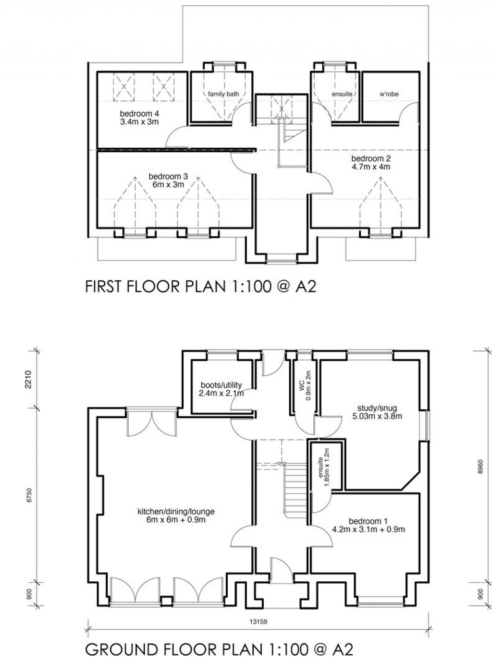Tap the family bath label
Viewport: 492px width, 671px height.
click(223, 94)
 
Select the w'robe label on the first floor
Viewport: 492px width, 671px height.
click(389, 94)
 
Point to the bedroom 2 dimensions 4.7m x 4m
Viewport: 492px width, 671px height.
click(370, 167)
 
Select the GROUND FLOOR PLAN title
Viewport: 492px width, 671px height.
click(219, 650)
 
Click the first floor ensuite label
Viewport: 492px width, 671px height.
click(342, 94)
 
